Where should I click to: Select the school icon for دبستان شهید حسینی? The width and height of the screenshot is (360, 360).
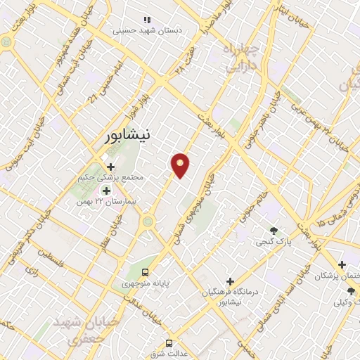coord(146,20)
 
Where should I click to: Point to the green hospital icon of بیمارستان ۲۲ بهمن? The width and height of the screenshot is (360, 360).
coord(107,190)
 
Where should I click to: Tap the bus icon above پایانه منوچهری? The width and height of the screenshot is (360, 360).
coord(145,272)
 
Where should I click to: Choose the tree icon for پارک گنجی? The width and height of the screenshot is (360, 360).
coord(274,230)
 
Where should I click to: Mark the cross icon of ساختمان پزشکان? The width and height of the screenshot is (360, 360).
coord(342,265)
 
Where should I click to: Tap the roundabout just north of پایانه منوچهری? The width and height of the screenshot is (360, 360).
coord(148,223)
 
